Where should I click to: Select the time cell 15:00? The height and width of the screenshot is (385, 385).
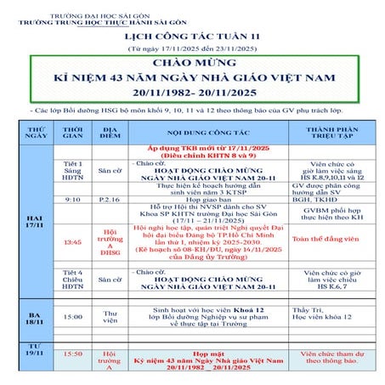tap(74, 317)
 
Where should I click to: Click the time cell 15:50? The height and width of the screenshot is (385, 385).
tap(74, 353)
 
